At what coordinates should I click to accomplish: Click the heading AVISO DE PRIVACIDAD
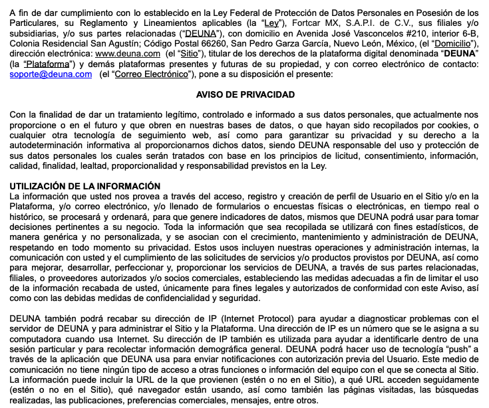tap(245, 95)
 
